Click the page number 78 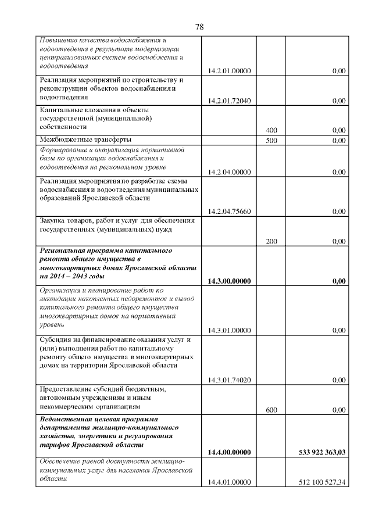coord(199,27)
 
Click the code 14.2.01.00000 coord(229,71)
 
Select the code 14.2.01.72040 coord(229,101)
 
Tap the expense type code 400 coord(271,130)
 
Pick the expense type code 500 coord(271,141)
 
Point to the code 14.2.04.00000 coord(229,172)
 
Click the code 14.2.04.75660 coord(229,212)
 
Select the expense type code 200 coord(271,241)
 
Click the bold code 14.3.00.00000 coord(229,281)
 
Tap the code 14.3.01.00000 coord(229,331)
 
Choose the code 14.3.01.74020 coord(229,380)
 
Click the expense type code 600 coord(271,410)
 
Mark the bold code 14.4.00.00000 coord(229,452)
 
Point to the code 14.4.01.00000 coord(229,482)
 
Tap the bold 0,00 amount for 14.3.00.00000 coord(338,281)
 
